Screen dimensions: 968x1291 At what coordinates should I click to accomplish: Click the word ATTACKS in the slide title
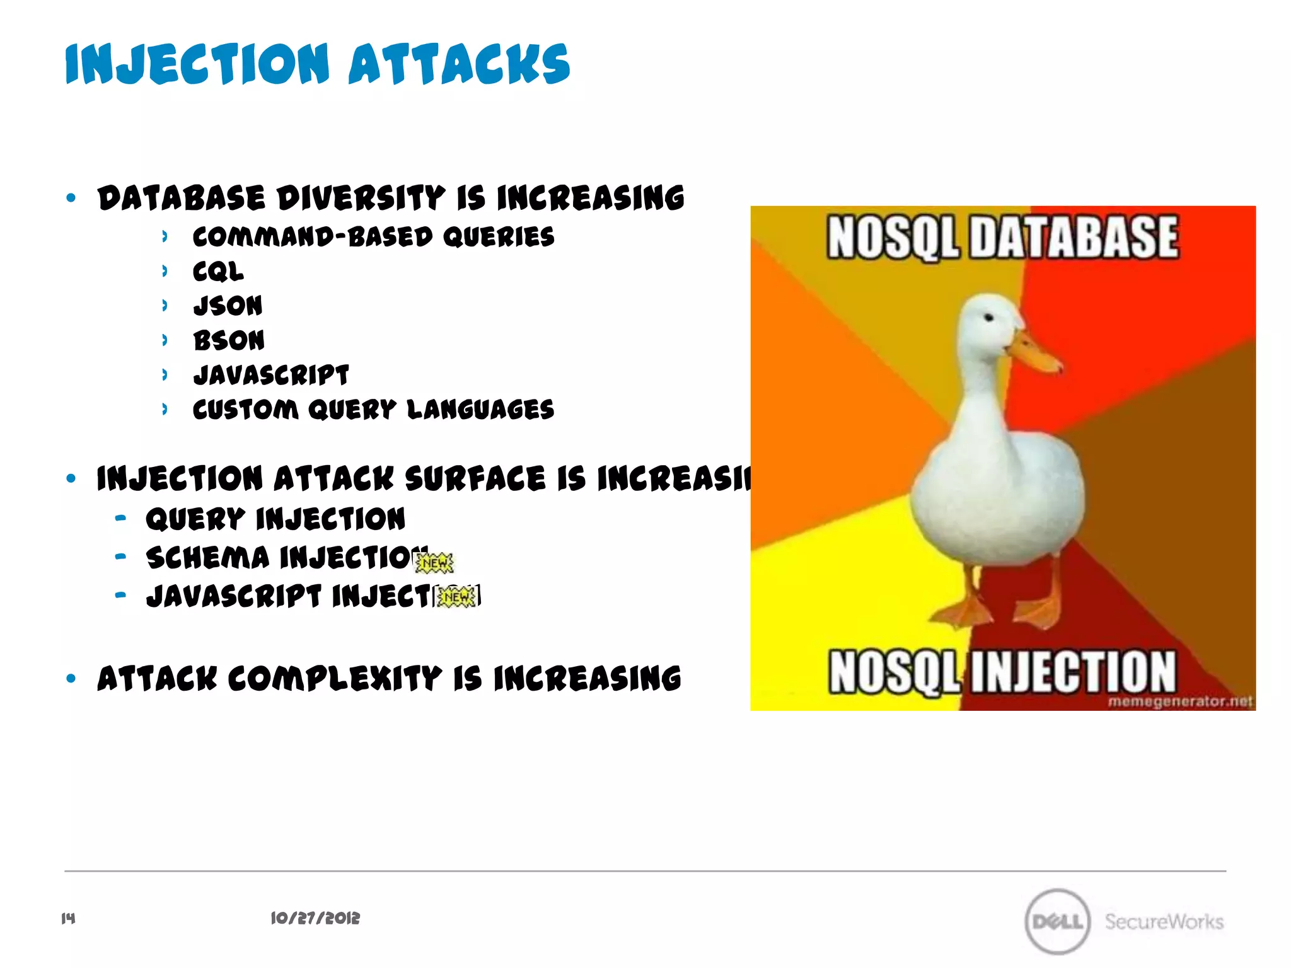point(459,65)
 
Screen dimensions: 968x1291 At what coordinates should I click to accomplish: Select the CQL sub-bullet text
point(218,272)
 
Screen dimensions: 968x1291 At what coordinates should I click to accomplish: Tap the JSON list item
point(228,306)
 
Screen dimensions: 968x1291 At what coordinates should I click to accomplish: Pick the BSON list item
point(229,341)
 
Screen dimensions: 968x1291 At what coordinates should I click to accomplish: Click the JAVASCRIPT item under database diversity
point(271,376)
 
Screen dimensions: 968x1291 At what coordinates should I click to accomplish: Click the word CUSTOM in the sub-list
point(245,410)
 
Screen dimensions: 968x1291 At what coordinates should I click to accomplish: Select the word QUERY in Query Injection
point(195,520)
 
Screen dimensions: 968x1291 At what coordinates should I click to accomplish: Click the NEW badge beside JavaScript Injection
point(457,596)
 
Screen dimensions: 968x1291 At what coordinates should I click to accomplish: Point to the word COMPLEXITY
point(334,679)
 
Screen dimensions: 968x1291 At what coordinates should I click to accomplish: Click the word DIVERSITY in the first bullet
point(361,199)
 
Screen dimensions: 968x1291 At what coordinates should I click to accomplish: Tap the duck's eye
point(989,318)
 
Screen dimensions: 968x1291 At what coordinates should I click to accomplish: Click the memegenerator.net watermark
point(1180,701)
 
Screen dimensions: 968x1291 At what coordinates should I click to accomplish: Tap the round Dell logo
point(1057,921)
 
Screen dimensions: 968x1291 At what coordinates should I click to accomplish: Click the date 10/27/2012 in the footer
point(315,918)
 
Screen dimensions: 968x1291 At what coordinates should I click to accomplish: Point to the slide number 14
point(68,918)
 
